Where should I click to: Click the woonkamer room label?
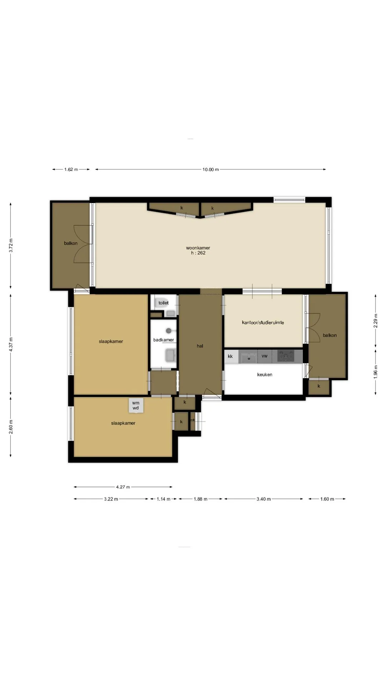click(x=198, y=248)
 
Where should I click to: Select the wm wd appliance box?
click(x=135, y=406)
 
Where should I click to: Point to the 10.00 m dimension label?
click(x=211, y=169)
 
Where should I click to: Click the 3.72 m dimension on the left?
click(x=11, y=245)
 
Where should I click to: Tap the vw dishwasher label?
click(x=264, y=356)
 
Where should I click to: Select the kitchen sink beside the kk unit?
click(x=248, y=357)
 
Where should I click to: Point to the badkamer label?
click(x=164, y=340)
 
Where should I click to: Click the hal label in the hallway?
click(x=200, y=346)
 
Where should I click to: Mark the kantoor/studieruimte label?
click(x=263, y=322)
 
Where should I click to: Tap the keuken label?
click(x=265, y=374)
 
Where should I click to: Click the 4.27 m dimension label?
click(x=123, y=487)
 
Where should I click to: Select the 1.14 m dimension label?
click(x=163, y=499)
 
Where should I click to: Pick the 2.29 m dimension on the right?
click(x=376, y=320)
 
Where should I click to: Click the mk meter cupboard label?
click(x=193, y=420)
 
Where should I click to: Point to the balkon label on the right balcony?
click(x=330, y=335)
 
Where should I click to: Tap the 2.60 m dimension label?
click(x=11, y=427)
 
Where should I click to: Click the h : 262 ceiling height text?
click(x=198, y=253)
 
